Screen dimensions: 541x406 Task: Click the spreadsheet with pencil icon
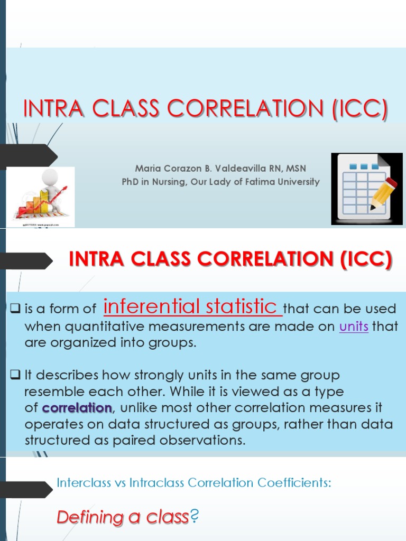pyautogui.click(x=364, y=188)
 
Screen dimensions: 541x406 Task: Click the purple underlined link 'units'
pyautogui.click(x=354, y=327)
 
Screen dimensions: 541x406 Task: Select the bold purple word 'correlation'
pyautogui.click(x=77, y=408)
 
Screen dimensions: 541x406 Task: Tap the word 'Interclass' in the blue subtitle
pyautogui.click(x=81, y=483)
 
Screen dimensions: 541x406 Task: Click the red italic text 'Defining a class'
pyautogui.click(x=122, y=517)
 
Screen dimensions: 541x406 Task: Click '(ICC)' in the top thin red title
pyautogui.click(x=359, y=109)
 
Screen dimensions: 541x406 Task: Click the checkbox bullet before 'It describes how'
pyautogui.click(x=15, y=376)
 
